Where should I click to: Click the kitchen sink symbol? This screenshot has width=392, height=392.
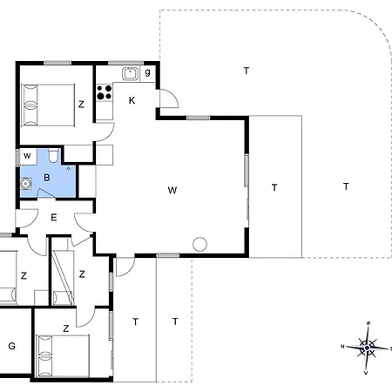pos(130,73)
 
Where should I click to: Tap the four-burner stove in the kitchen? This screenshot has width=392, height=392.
pos(105,92)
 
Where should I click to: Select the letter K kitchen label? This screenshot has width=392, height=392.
pos(132,100)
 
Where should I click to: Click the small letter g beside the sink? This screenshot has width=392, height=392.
pos(147,72)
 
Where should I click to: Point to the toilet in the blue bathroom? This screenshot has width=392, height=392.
pos(53,155)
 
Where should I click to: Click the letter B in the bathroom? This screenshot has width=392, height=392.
pos(47,178)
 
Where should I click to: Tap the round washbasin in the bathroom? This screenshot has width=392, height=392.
pos(25,184)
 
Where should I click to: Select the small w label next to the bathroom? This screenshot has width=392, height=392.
pos(27,156)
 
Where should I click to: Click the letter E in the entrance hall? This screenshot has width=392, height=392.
pos(54,218)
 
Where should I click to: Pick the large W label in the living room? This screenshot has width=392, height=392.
pos(172,190)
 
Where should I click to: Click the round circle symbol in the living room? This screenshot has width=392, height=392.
pos(199,244)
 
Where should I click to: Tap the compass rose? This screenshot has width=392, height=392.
pos(367,348)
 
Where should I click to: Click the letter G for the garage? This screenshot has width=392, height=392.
pos(11,346)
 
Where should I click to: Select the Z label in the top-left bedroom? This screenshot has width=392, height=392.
pos(81,105)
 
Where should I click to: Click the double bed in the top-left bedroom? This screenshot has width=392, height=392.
pos(48,105)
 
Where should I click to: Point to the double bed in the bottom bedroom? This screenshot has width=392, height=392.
pos(62,356)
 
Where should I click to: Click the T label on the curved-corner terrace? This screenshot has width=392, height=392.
pos(247,71)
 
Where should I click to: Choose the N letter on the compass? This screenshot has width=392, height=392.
pos(342,347)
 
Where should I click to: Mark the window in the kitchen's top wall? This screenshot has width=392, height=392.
pos(126,63)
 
